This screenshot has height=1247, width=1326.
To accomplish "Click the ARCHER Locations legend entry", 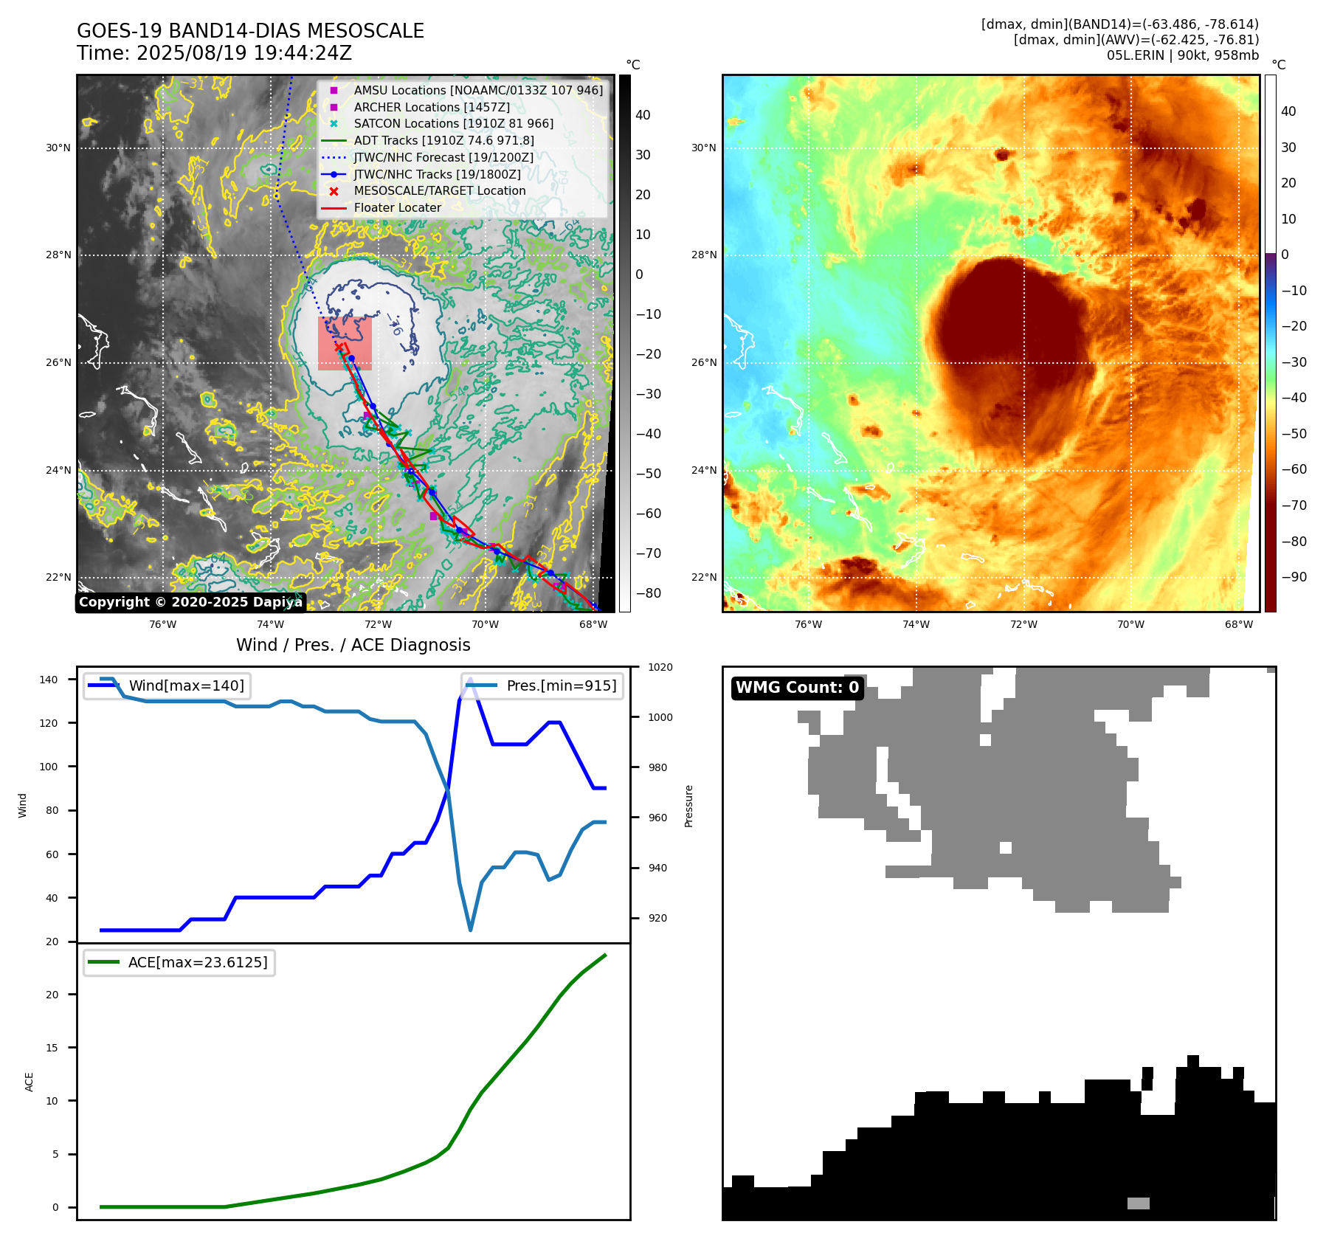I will click(432, 107).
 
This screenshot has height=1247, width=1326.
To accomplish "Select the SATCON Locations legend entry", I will click(453, 124).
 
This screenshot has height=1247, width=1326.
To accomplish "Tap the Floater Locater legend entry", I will click(397, 208).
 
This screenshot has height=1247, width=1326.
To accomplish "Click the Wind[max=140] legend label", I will click(186, 685).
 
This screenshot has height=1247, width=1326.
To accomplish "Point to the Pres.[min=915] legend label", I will click(561, 685).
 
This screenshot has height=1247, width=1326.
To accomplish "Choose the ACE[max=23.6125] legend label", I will click(198, 962).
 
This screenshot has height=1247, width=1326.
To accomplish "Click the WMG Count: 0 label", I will click(797, 688).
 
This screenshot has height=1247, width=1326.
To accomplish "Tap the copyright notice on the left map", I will click(190, 602).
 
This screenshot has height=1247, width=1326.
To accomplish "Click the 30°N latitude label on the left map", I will click(58, 148).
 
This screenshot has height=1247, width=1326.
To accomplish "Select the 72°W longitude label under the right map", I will click(1023, 624).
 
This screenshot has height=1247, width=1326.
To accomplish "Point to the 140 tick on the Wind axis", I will click(49, 680).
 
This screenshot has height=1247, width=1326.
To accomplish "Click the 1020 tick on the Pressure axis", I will click(660, 668).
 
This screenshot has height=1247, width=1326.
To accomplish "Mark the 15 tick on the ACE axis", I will click(52, 1048).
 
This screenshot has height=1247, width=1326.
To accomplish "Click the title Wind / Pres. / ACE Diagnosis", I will click(353, 645).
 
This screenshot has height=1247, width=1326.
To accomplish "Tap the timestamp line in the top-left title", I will click(214, 53).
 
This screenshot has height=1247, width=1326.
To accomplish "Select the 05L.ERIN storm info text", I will click(1182, 55).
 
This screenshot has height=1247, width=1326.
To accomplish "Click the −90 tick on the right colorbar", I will click(1294, 577).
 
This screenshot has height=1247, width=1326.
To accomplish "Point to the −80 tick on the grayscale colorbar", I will click(649, 593).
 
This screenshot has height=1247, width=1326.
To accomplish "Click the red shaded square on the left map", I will click(345, 343).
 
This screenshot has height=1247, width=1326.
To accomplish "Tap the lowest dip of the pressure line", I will click(470, 930).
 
